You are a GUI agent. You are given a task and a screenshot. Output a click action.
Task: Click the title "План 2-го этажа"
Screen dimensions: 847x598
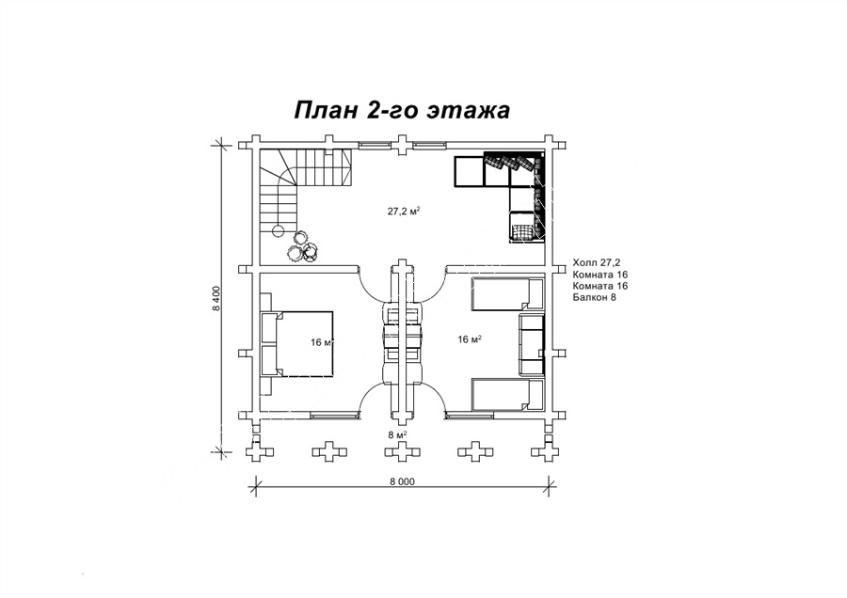[402, 110]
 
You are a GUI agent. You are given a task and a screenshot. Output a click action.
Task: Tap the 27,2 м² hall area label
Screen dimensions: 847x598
[404, 211]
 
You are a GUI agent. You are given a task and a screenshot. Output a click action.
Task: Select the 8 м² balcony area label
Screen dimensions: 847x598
[397, 434]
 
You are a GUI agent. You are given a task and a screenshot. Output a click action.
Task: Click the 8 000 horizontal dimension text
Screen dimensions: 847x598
[401, 482]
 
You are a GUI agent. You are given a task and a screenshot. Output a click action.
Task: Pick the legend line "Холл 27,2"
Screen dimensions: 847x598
[596, 263]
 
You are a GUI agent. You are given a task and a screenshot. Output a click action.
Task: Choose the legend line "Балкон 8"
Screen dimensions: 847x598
[594, 297]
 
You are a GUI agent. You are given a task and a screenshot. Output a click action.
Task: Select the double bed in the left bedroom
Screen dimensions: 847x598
[296, 343]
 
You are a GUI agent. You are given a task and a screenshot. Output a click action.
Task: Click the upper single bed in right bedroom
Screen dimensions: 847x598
[508, 294]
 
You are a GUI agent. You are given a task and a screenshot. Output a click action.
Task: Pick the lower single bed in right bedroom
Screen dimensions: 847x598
[508, 395]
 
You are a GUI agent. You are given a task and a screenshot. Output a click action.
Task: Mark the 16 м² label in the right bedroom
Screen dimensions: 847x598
[470, 338]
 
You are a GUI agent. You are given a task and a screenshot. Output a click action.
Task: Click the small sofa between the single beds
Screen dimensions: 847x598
[532, 344]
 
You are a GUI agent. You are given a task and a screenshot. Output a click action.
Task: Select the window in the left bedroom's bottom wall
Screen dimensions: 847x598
[335, 415]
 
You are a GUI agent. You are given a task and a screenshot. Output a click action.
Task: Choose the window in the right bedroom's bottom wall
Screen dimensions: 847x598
[469, 415]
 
